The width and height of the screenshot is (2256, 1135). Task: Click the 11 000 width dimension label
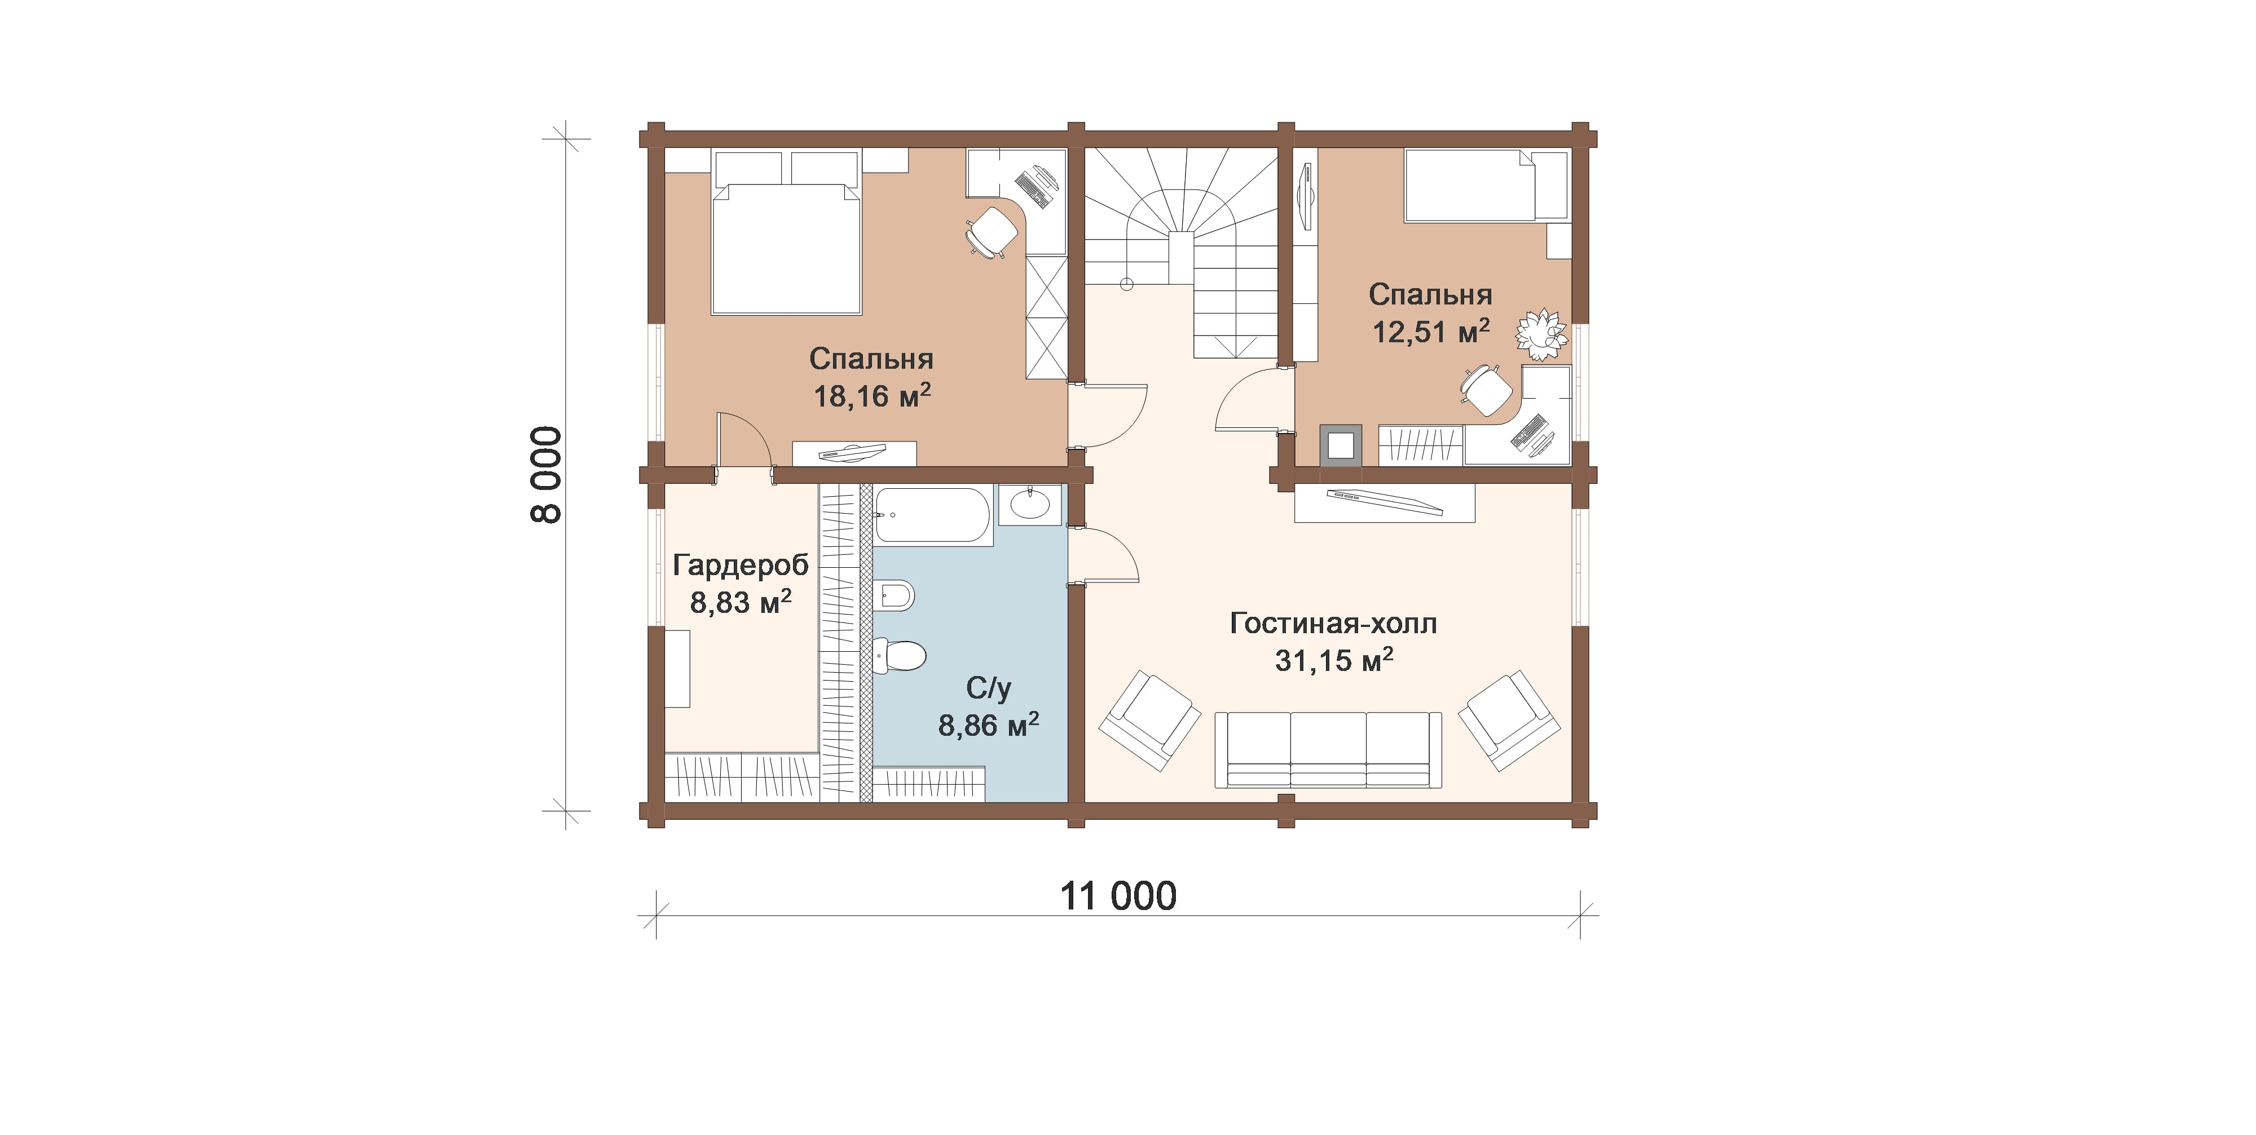pos(1118,897)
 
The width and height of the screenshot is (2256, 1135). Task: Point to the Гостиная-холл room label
pos(1333,624)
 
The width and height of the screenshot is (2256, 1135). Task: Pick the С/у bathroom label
pos(989,688)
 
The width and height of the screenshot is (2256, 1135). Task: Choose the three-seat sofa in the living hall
pos(1328,750)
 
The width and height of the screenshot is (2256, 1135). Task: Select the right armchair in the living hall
pos(1509,720)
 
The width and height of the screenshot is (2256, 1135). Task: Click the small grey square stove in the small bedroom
pos(1341,445)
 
